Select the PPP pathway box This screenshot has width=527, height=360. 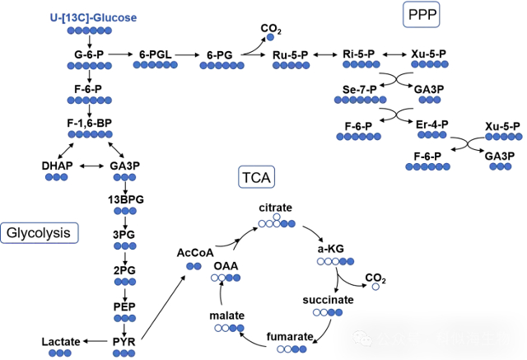[421, 14]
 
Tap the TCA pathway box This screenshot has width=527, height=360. [258, 176]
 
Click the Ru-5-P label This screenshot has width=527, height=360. [290, 54]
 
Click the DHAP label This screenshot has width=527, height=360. [57, 166]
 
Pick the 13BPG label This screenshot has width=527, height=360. [124, 199]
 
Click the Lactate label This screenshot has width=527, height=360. [61, 341]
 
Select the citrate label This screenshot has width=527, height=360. [276, 208]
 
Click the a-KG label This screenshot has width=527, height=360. [333, 248]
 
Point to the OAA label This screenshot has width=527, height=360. [226, 266]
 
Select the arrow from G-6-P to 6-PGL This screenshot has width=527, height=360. [121, 54]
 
